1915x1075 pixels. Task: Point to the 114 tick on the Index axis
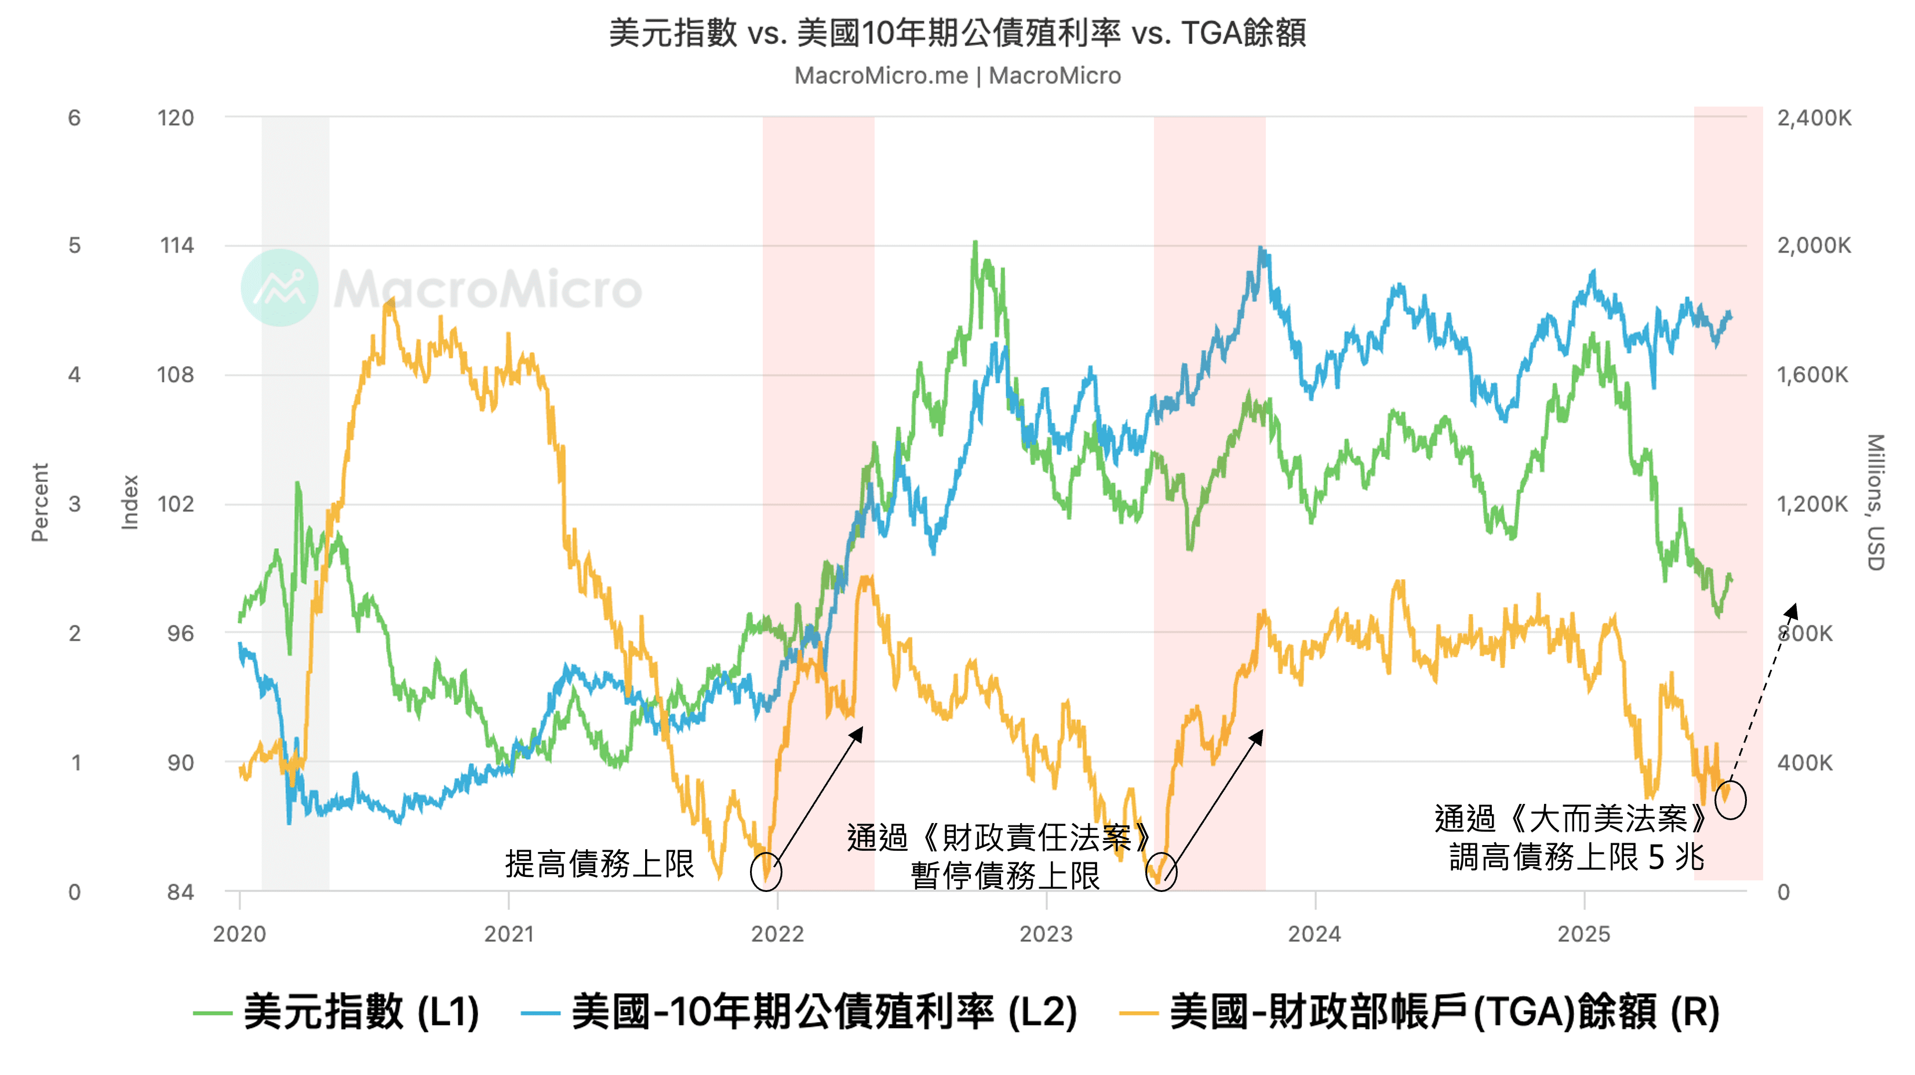coord(176,246)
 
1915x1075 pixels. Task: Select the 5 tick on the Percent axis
coord(74,246)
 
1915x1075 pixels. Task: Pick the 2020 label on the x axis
coord(239,934)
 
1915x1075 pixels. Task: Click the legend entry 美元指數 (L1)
coord(336,1012)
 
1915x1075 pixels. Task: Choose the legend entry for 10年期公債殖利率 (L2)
coord(799,1012)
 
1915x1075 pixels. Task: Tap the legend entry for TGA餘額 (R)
coord(1420,1012)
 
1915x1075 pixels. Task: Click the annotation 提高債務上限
coord(599,864)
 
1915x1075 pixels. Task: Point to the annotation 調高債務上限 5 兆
coord(1576,857)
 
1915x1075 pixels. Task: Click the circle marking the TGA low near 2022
coord(766,872)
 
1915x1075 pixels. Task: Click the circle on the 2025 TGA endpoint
coord(1730,800)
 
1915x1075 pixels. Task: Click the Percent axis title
coord(39,503)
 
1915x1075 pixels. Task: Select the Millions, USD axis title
coord(1876,503)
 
